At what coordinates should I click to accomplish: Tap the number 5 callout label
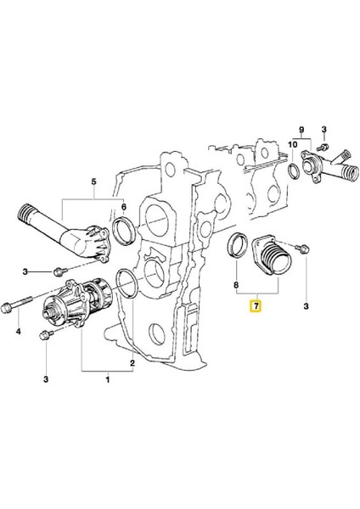tap(93, 180)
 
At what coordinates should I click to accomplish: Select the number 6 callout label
tap(124, 208)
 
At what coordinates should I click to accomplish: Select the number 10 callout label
tap(292, 145)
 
